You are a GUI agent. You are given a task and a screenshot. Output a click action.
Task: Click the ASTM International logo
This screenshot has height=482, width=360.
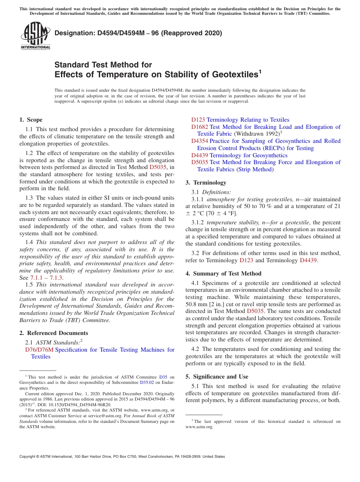35,36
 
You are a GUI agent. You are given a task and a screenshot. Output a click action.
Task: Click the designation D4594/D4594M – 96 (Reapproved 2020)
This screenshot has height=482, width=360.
138,33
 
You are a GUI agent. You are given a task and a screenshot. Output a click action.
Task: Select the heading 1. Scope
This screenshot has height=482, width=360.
31,120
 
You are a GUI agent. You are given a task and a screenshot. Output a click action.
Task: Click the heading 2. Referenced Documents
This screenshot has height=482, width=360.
54,333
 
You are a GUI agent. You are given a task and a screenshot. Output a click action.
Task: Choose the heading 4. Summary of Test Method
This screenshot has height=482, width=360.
224,274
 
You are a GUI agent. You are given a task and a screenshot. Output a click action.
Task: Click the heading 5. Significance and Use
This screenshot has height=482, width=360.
217,377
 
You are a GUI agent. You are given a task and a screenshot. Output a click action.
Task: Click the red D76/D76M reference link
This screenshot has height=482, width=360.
39,350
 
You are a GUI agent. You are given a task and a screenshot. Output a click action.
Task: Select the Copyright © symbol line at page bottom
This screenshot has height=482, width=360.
122,457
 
